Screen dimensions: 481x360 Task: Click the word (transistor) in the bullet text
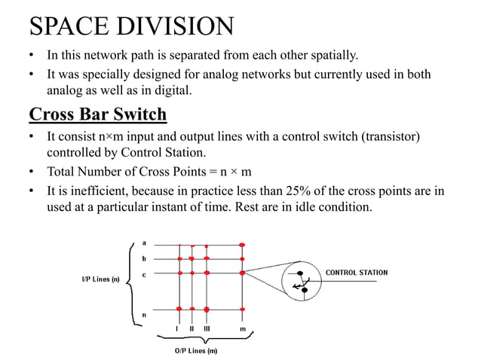382,136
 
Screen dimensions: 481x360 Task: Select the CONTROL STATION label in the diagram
357,273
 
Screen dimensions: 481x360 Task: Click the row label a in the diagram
143,243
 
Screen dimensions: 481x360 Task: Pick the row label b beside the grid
143,258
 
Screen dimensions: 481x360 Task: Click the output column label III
207,329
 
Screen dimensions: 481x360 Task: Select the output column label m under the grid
242,329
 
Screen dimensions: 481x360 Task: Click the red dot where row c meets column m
242,273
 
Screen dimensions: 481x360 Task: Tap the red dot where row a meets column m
242,245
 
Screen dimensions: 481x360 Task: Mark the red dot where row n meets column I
179,309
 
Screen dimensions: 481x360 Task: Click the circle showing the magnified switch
302,282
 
